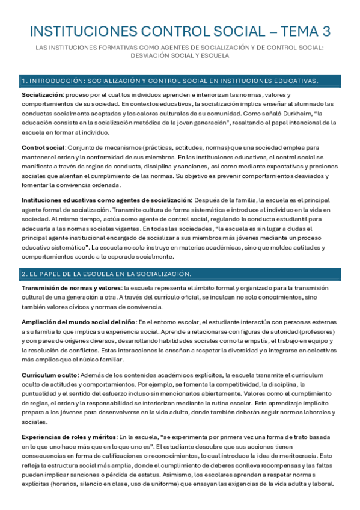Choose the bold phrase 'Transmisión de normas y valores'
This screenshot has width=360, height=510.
click(72, 287)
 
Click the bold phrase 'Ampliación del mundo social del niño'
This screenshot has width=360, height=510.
click(79, 322)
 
